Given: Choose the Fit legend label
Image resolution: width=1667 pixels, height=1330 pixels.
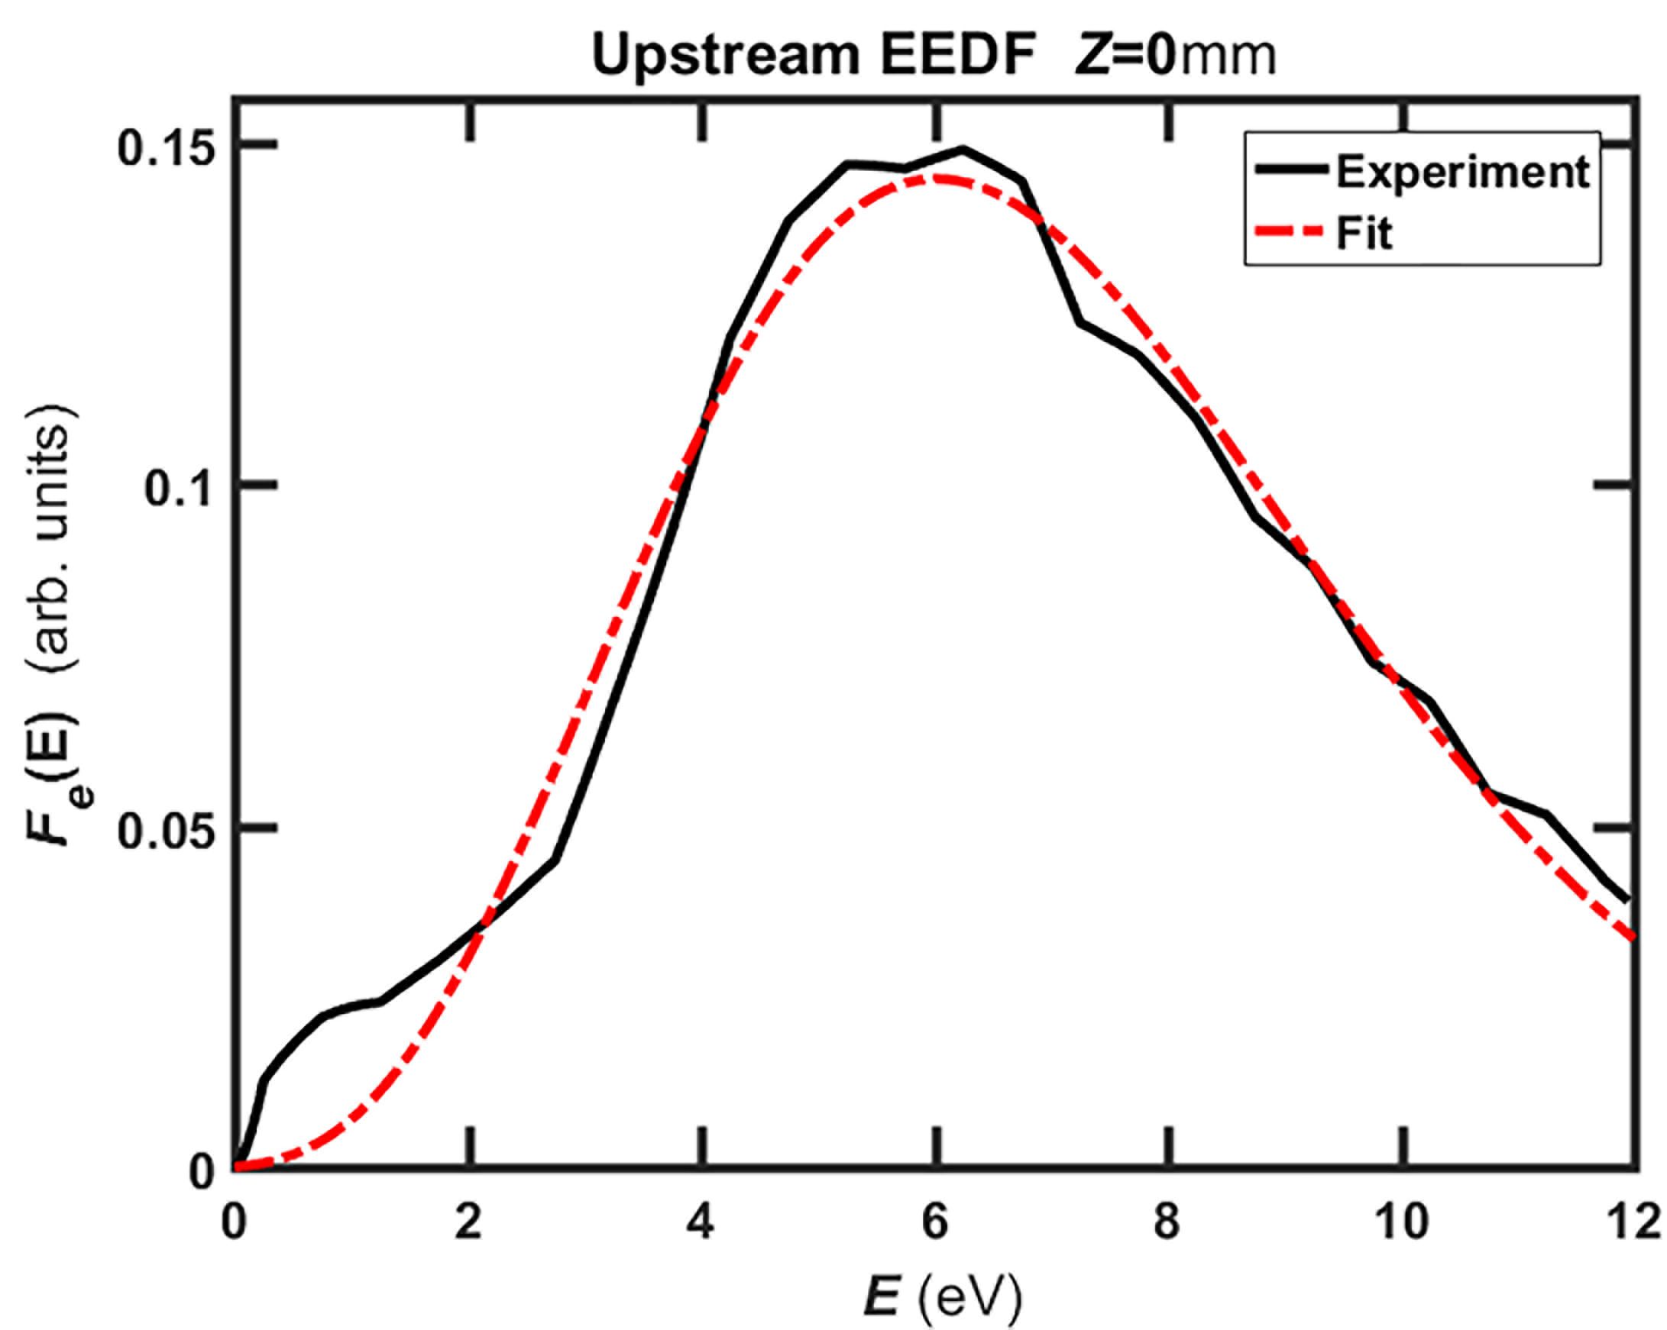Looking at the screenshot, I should (1364, 233).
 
